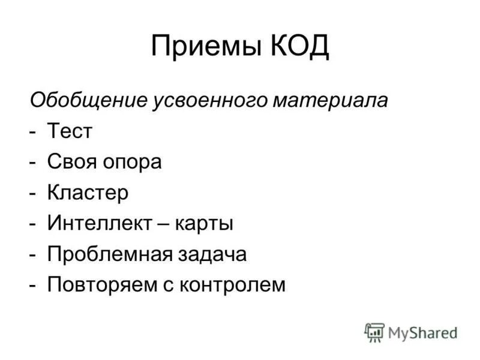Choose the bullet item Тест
[70, 131]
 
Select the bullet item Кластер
[89, 193]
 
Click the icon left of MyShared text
[374, 332]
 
